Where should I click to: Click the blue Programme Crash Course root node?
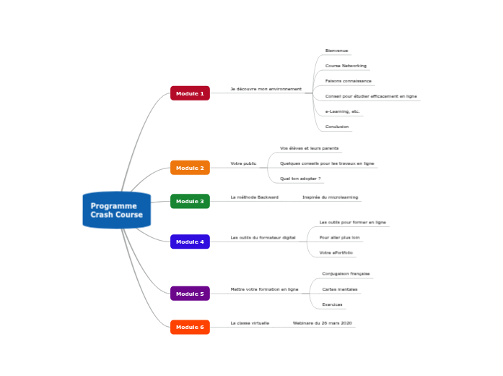point(116,210)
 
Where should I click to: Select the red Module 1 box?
point(190,93)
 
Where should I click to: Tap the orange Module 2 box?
point(190,168)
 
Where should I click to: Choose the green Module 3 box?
point(190,201)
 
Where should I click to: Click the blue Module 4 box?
point(190,242)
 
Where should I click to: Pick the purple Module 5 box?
point(190,294)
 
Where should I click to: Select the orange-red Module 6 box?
point(190,327)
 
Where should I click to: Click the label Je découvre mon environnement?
point(266,89)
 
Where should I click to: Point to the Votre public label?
point(243,163)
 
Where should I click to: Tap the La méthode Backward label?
point(254,197)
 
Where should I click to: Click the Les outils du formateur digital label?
point(263,237)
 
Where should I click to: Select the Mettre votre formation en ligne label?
point(264,289)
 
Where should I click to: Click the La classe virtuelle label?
point(250,322)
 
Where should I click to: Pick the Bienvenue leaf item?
point(336,51)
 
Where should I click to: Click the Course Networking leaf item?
point(346,66)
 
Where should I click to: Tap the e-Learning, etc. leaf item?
point(342,111)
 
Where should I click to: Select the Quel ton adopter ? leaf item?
point(300,178)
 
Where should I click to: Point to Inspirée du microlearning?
point(330,197)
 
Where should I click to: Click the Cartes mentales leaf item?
point(339,289)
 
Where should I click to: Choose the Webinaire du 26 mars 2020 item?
point(322,322)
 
